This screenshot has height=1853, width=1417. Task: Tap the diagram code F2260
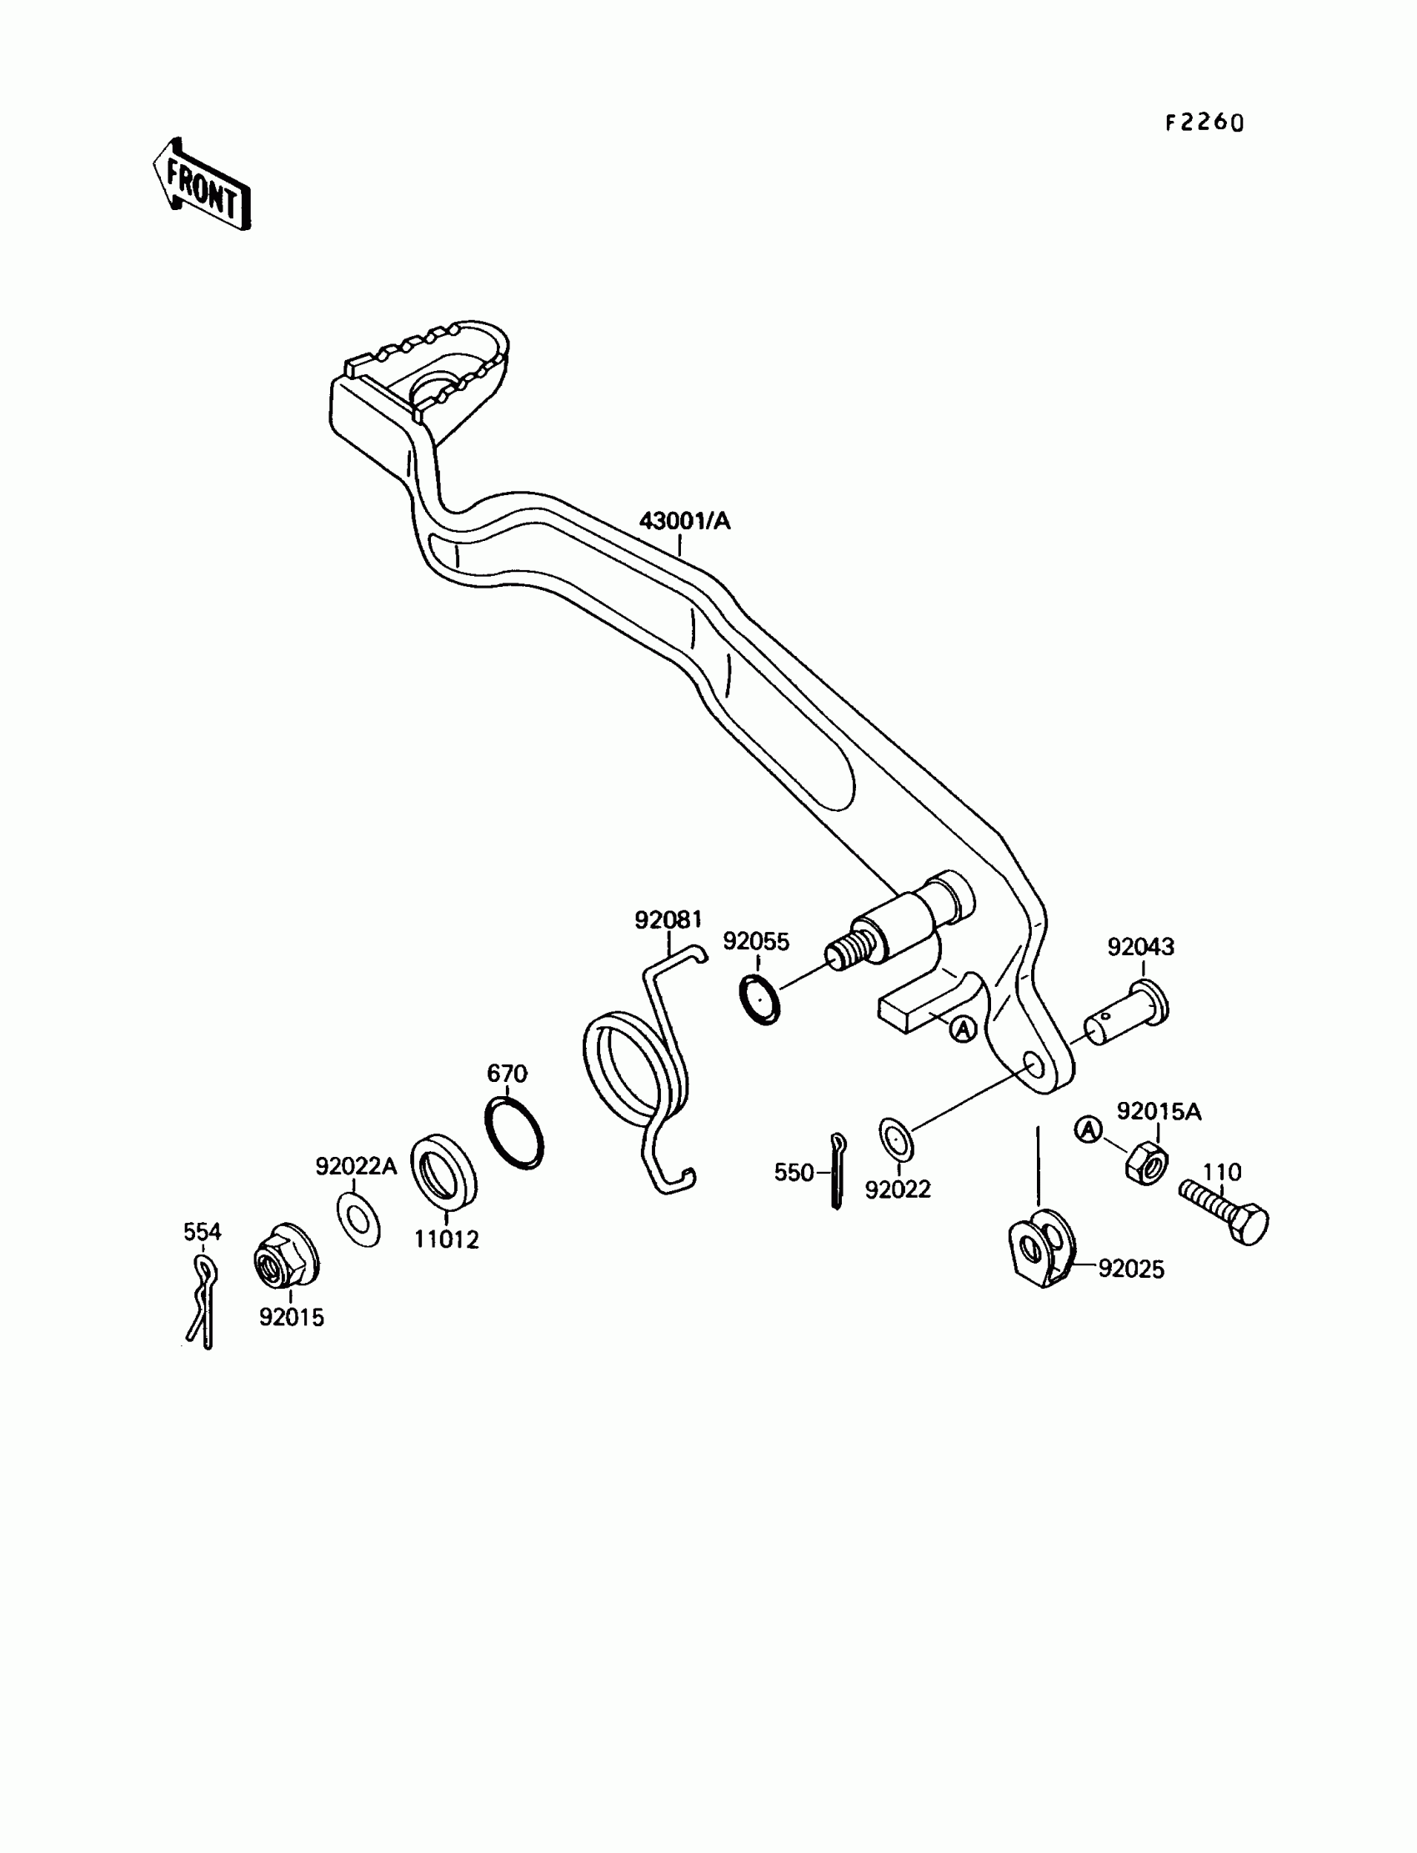click(x=1204, y=123)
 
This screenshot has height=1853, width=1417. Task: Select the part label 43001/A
click(x=684, y=521)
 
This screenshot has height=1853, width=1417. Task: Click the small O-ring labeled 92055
click(x=759, y=999)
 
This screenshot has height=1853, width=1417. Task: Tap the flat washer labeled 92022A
click(x=358, y=1219)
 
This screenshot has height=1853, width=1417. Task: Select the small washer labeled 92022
click(x=896, y=1139)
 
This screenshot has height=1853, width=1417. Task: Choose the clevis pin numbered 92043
click(x=1126, y=1014)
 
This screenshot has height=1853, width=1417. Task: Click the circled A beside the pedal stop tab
click(x=964, y=1029)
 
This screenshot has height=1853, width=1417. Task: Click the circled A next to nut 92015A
click(x=1089, y=1129)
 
